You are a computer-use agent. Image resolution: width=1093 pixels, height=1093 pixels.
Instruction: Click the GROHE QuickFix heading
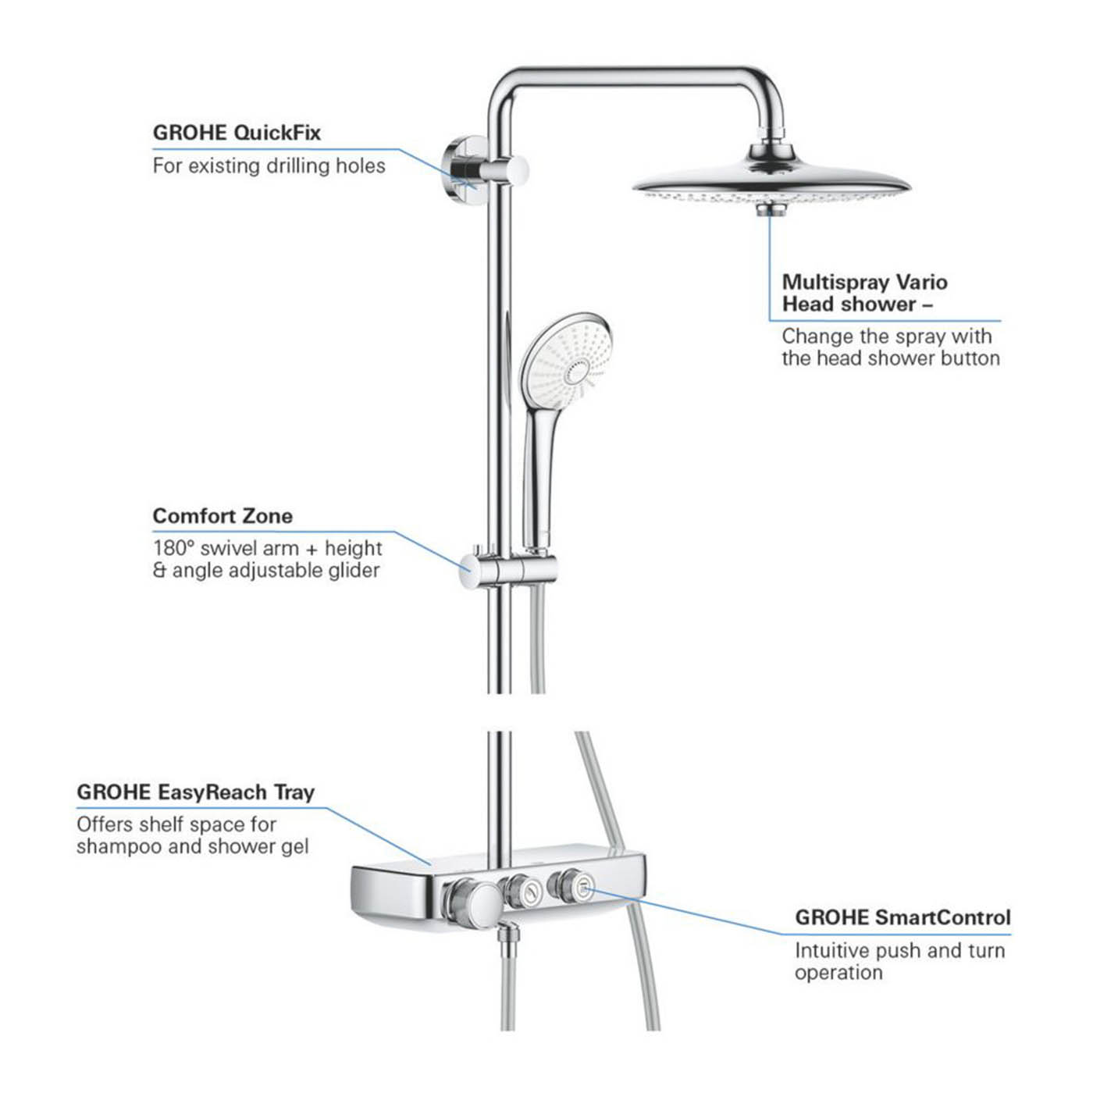click(x=237, y=133)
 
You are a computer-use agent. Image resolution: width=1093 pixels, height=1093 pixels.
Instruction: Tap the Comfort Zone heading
click(x=223, y=516)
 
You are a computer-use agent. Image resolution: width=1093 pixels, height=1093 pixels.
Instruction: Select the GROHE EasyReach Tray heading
click(x=195, y=792)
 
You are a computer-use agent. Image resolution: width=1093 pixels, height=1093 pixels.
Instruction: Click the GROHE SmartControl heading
click(x=903, y=917)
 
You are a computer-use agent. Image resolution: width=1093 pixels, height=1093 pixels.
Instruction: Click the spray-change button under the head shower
click(x=771, y=209)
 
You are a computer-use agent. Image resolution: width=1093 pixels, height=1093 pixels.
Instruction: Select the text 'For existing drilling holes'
click(x=269, y=166)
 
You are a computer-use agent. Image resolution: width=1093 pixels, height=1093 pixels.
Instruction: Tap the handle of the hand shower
click(x=539, y=468)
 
